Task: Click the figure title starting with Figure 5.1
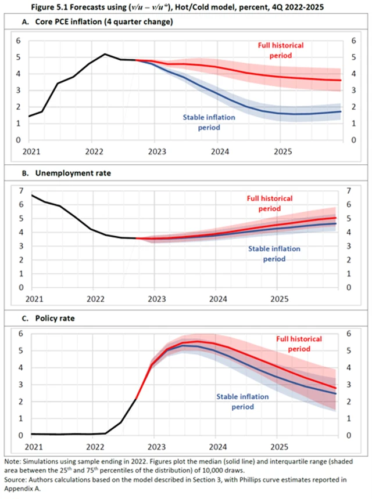[186, 7]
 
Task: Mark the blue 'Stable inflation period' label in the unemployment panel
[274, 254]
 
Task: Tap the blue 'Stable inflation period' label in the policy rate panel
[242, 402]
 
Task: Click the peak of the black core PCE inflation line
[105, 54]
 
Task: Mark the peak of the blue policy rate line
[185, 345]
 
